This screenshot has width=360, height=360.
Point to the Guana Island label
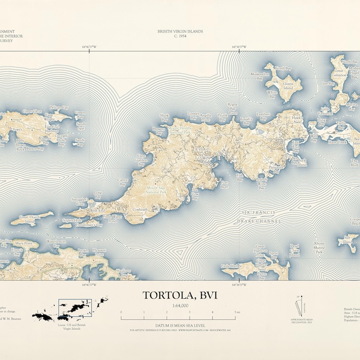[288, 85]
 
